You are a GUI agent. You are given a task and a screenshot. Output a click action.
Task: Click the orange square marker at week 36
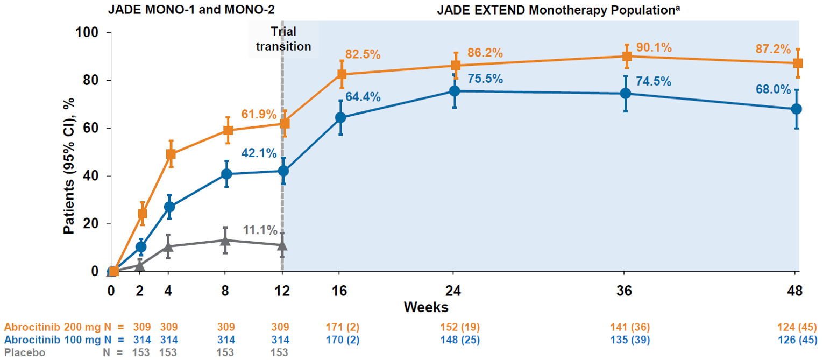pos(626,56)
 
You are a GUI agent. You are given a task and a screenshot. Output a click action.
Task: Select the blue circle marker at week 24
pos(455,91)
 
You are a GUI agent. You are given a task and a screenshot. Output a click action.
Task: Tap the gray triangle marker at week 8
pos(225,241)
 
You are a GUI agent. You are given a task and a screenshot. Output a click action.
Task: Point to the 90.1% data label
pos(654,47)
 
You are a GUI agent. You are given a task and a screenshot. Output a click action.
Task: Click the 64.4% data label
pos(363,97)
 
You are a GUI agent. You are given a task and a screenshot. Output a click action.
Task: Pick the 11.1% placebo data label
pos(260,230)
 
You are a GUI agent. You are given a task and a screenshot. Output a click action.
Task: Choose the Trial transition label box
pos(283,39)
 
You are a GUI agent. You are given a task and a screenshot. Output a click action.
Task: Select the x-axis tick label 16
pos(340,291)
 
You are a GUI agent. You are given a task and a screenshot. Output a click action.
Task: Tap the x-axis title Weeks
pos(427,307)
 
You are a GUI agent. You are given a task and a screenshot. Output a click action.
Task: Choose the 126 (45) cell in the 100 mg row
pos(796,340)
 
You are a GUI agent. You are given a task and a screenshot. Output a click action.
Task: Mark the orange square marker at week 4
pos(171,154)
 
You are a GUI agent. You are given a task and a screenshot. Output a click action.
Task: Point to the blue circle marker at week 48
pos(797,109)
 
